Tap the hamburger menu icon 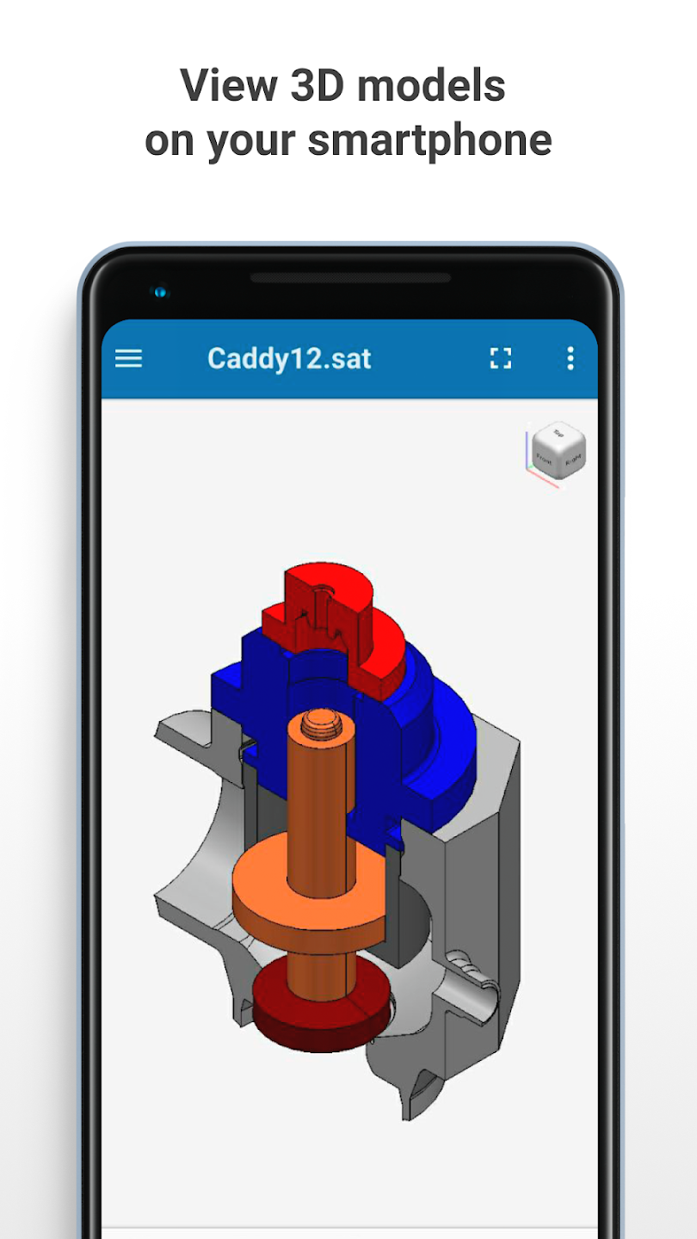(128, 359)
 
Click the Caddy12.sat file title (289, 359)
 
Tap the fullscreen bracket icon (501, 359)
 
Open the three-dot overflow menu (570, 359)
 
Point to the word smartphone (429, 140)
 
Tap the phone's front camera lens (160, 293)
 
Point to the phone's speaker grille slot (350, 278)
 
